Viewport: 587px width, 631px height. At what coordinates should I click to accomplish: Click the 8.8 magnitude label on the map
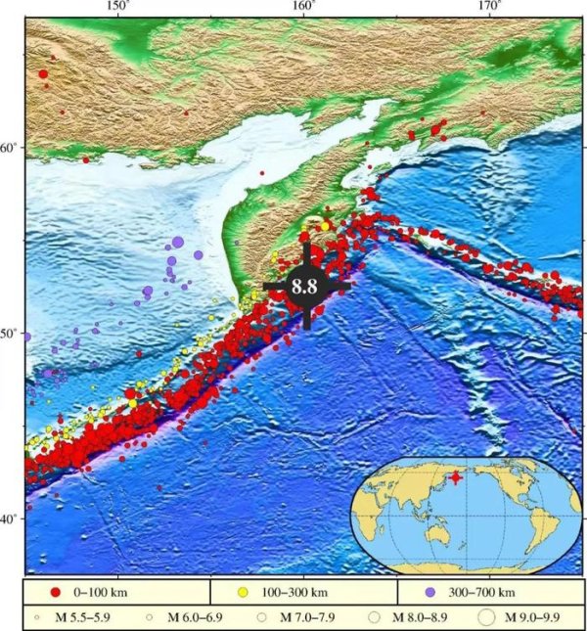point(305,287)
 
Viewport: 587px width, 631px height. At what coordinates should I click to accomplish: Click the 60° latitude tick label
point(10,148)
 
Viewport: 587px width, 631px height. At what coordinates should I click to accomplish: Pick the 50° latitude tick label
point(10,334)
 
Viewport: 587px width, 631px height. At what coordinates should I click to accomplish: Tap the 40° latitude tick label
point(10,518)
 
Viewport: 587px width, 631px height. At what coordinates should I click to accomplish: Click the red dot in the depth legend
point(56,593)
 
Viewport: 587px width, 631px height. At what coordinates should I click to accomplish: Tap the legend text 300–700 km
point(480,593)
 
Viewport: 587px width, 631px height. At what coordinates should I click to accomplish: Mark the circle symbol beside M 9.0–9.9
point(486,617)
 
